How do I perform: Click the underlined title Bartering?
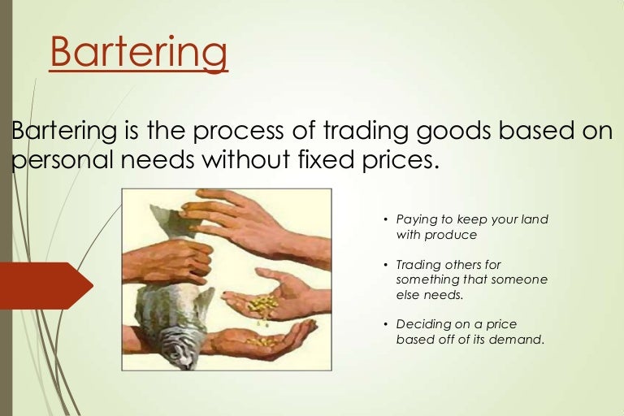(138, 53)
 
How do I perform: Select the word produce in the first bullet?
(452, 235)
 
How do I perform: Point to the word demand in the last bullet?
(520, 340)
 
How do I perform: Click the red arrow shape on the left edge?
(45, 285)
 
